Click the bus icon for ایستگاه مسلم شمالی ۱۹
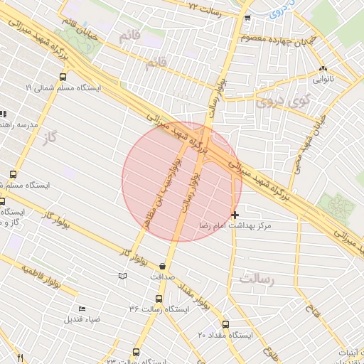pyautogui.click(x=63, y=77)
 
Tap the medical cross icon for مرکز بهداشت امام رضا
pyautogui.click(x=235, y=214)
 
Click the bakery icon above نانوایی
pyautogui.click(x=324, y=70)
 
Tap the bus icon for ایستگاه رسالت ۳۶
pyautogui.click(x=158, y=299)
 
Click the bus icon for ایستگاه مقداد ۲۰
pyautogui.click(x=225, y=324)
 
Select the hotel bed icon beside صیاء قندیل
pyautogui.click(x=82, y=309)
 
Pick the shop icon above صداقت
pyautogui.click(x=162, y=266)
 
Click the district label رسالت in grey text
pyautogui.click(x=257, y=279)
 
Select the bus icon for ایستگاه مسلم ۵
pyautogui.click(x=14, y=174)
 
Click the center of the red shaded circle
pyautogui.click(x=182, y=182)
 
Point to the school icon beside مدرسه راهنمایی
pyautogui.click(x=3, y=114)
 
